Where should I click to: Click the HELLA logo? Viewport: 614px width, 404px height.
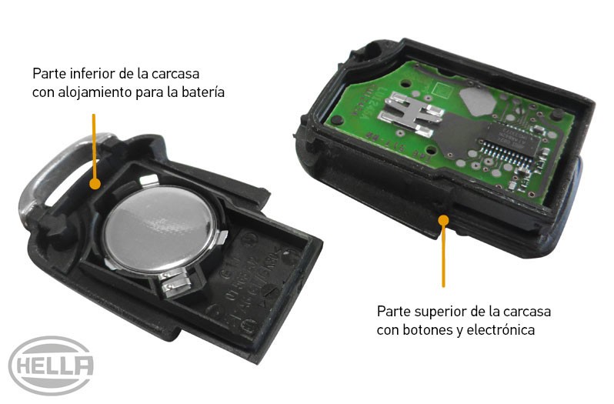[52, 366]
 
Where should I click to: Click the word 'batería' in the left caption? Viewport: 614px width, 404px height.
[202, 93]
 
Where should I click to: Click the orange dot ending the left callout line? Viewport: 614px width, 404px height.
[95, 185]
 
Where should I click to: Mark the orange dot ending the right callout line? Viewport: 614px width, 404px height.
[443, 221]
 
